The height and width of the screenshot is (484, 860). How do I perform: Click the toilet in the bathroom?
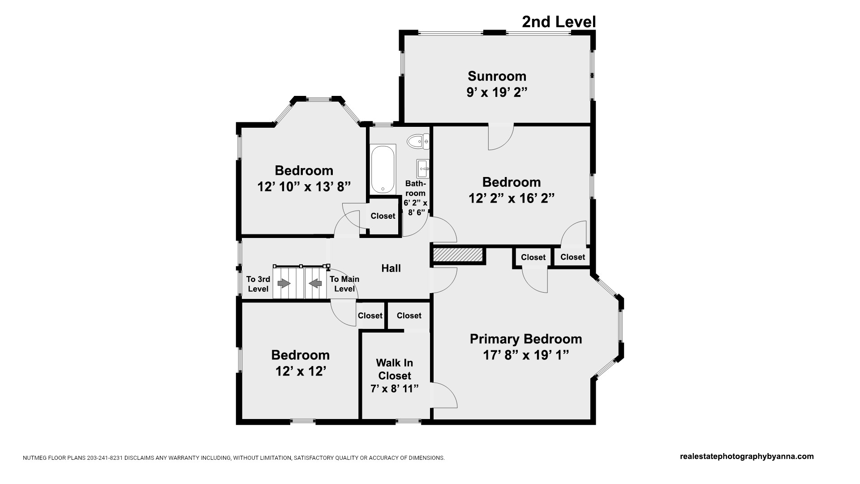click(418, 142)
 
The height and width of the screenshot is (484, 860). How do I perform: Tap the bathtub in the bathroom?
click(383, 169)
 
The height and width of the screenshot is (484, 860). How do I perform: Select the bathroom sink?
click(423, 169)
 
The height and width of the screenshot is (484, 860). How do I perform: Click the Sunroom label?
click(497, 76)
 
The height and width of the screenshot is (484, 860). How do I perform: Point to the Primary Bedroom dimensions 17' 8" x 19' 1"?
click(526, 355)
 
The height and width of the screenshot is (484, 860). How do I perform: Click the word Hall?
click(391, 268)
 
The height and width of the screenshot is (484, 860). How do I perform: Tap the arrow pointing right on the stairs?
click(284, 283)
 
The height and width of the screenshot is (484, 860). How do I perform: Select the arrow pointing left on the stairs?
click(316, 283)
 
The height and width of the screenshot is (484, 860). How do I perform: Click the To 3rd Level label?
click(258, 284)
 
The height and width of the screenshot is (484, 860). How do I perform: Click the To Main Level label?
click(344, 284)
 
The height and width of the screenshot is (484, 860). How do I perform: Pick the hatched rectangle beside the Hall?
click(458, 255)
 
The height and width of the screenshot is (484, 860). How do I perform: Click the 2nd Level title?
click(559, 22)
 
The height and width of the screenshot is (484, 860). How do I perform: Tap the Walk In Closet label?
click(395, 369)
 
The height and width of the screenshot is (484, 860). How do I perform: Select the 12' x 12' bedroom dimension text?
click(301, 371)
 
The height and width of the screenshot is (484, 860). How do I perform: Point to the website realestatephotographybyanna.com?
click(747, 457)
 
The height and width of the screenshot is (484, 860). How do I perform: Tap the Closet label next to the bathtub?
click(383, 216)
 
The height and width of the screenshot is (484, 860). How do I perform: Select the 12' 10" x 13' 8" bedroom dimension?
click(304, 186)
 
